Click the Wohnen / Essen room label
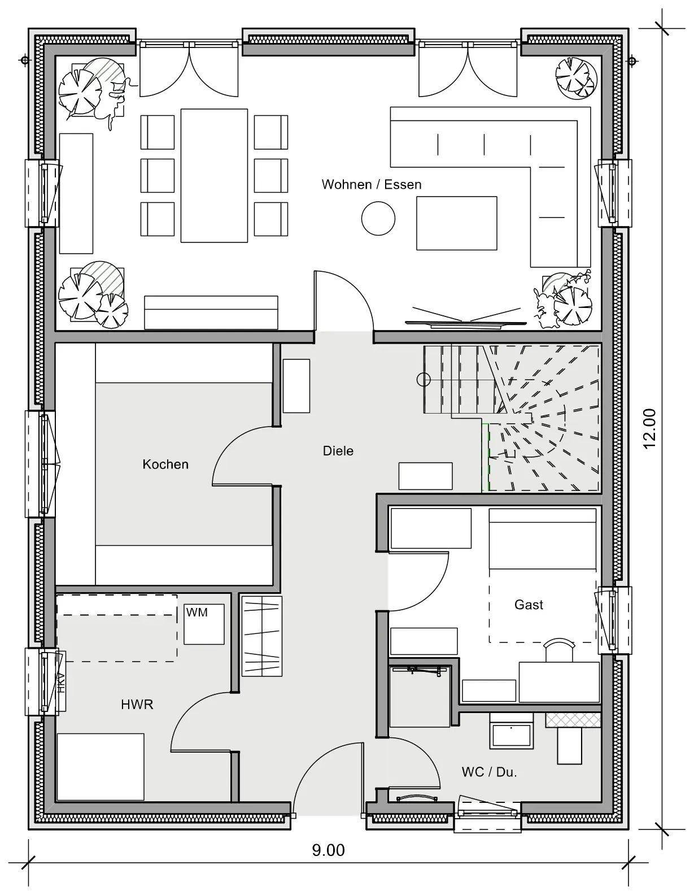pyautogui.click(x=372, y=185)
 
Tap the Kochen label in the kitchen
pyautogui.click(x=165, y=464)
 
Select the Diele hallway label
pyautogui.click(x=338, y=450)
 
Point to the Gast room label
pyautogui.click(x=529, y=605)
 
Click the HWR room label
pyautogui.click(x=137, y=704)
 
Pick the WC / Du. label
pyautogui.click(x=489, y=772)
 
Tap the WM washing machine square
pyautogui.click(x=204, y=624)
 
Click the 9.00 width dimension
pyautogui.click(x=328, y=850)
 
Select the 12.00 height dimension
pyautogui.click(x=649, y=429)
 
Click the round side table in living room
pyautogui.click(x=378, y=218)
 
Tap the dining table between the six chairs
pyautogui.click(x=214, y=176)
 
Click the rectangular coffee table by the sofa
pyautogui.click(x=456, y=223)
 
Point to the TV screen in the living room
pyautogui.click(x=466, y=323)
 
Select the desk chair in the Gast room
pyautogui.click(x=559, y=650)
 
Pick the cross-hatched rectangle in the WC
pyautogui.click(x=573, y=720)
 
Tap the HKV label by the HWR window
pyautogui.click(x=61, y=682)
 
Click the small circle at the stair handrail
pyautogui.click(x=424, y=379)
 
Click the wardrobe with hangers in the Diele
pyautogui.click(x=262, y=636)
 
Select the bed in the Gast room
pyautogui.click(x=543, y=575)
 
